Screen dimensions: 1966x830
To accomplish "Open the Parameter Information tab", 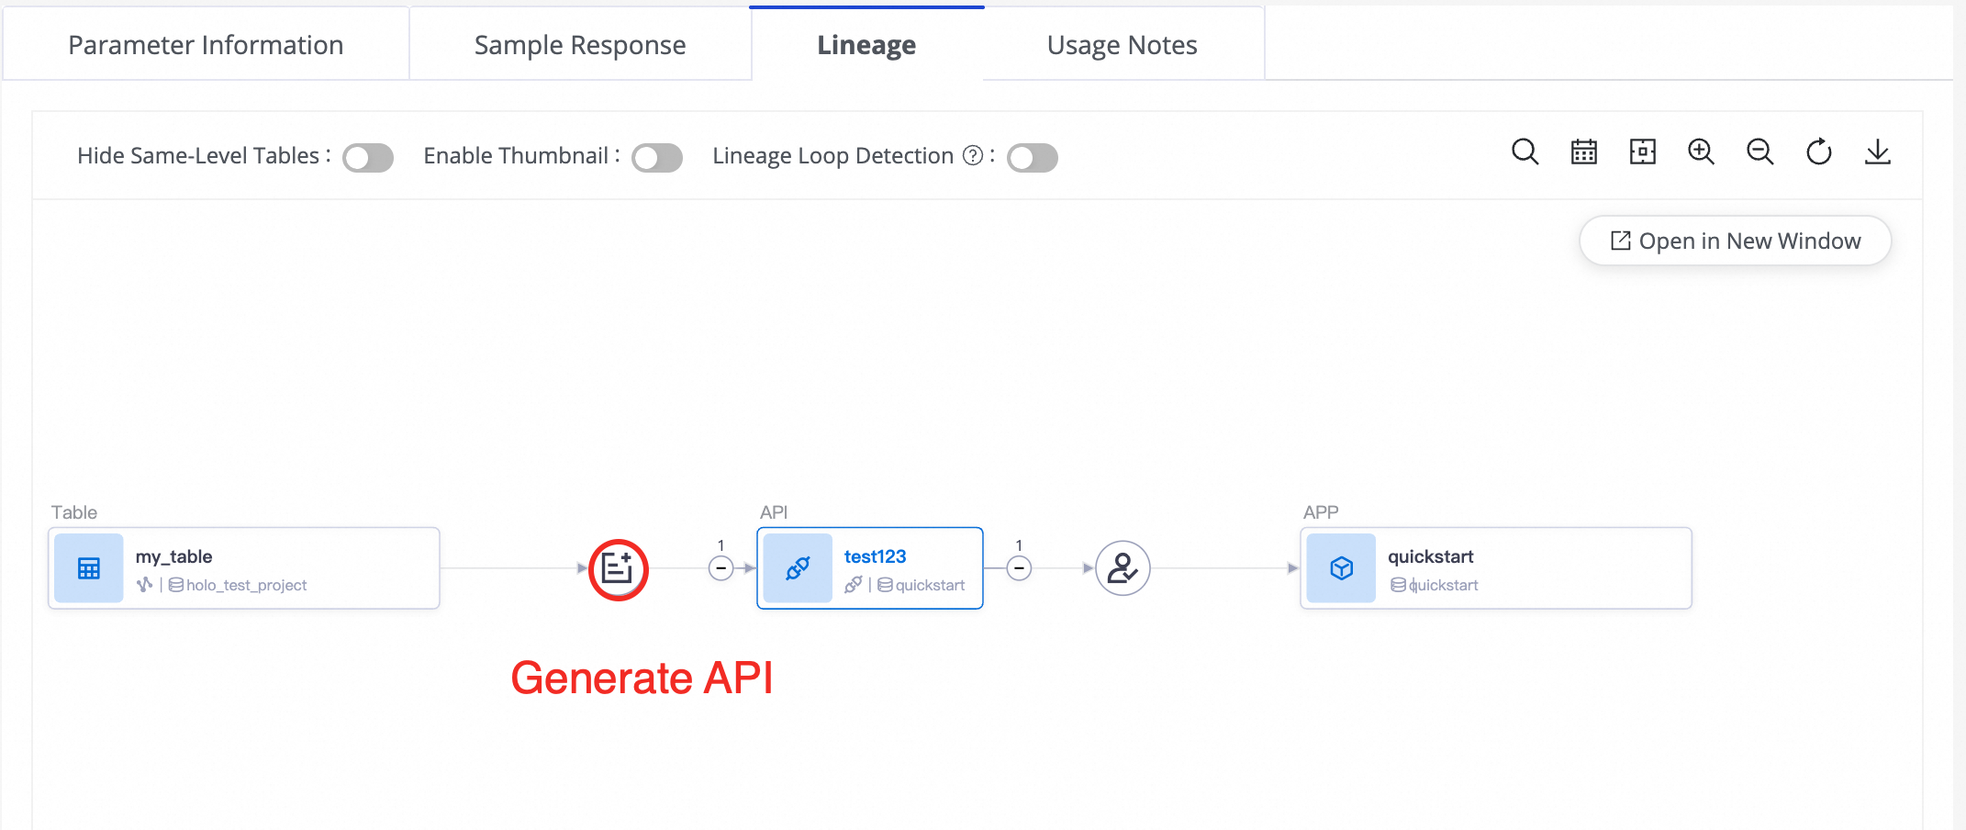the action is coord(206,45).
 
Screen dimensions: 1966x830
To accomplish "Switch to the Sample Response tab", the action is coord(580,45).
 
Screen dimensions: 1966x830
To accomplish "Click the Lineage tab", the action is coord(866,45).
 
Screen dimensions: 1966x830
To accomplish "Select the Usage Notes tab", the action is coord(1122,45).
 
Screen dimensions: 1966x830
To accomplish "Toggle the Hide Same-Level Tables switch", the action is coord(368,158).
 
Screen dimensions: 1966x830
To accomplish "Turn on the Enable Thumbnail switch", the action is coord(657,158).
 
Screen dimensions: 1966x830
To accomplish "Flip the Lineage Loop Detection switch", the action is coord(1033,158).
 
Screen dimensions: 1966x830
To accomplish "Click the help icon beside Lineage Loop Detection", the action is coord(973,156).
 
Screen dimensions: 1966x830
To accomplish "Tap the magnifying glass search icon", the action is coord(1525,152).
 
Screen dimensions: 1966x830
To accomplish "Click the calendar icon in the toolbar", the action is coord(1584,152).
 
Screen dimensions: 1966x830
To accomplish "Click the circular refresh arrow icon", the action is coord(1819,152).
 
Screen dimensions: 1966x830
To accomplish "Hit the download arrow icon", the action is coord(1878,152).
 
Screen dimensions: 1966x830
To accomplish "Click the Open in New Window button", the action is coord(1736,241).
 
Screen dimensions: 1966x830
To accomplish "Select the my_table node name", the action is coord(173,556).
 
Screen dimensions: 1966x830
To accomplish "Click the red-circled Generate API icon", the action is coord(619,569).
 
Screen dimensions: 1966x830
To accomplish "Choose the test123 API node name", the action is coord(875,556).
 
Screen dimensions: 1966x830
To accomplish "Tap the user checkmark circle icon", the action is coord(1123,568).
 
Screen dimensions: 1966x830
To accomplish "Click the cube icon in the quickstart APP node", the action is coord(1341,568).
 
